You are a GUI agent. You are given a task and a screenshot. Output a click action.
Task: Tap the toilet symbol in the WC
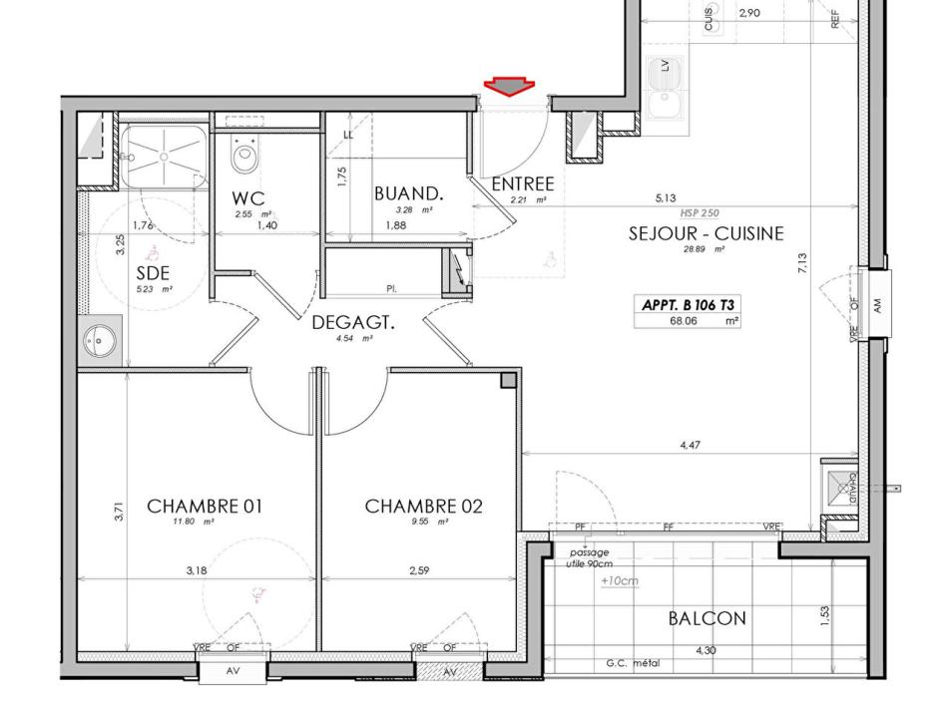[244, 155]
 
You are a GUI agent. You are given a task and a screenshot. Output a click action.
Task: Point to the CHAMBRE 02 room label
[423, 507]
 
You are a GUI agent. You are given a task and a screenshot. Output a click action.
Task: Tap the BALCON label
[706, 618]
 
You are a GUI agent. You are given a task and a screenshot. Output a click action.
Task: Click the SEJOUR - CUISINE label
[705, 234]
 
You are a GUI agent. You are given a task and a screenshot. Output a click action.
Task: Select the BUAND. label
[408, 193]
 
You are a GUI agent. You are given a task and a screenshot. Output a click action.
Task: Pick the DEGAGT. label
[353, 323]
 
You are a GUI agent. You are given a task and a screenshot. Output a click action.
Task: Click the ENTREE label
[523, 184]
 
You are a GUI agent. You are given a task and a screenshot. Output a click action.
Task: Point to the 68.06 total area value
[684, 321]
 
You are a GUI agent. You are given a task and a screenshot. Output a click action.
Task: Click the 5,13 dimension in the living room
[666, 198]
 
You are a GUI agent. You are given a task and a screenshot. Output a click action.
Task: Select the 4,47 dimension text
[690, 445]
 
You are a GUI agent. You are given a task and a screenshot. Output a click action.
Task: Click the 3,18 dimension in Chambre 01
[197, 571]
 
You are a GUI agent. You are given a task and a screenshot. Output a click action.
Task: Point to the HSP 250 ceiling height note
[700, 212]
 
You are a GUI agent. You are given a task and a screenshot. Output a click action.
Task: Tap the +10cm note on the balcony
[620, 580]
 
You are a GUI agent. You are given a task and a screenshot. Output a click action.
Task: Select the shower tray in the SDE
[163, 155]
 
